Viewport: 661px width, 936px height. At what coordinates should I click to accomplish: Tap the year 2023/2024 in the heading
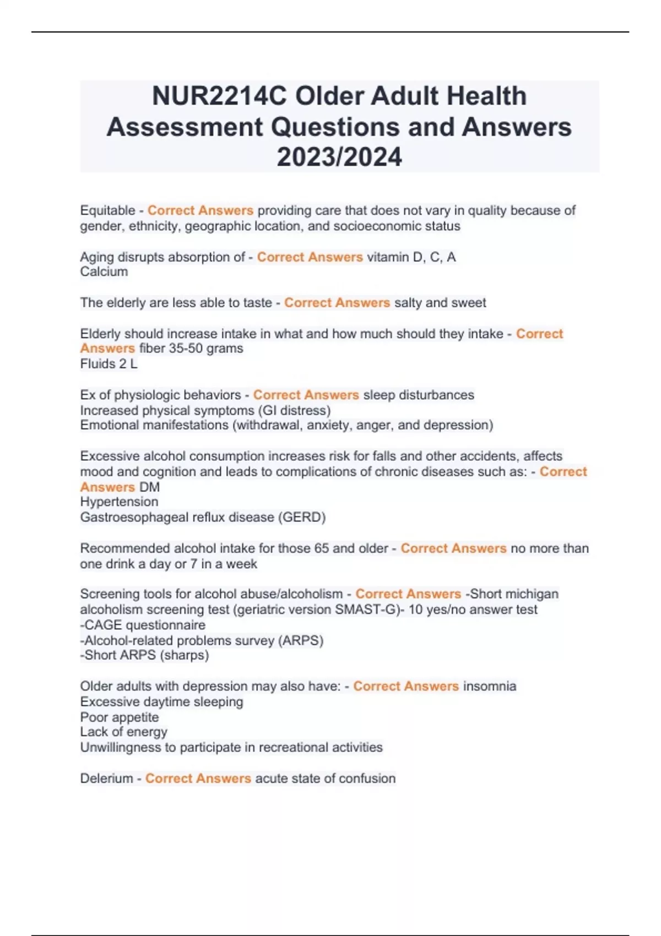pyautogui.click(x=339, y=157)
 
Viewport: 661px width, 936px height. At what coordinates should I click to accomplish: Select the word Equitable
pyautogui.click(x=107, y=210)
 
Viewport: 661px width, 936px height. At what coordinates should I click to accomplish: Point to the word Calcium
pyautogui.click(x=104, y=272)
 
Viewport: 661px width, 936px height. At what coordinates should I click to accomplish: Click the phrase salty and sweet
pyautogui.click(x=440, y=303)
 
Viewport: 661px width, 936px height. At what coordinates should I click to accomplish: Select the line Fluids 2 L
pyautogui.click(x=109, y=364)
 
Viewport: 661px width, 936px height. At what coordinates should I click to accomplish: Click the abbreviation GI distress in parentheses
pyautogui.click(x=305, y=411)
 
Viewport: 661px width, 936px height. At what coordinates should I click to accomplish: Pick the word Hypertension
pyautogui.click(x=119, y=502)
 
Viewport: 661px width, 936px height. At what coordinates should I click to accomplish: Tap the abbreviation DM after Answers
pyautogui.click(x=149, y=487)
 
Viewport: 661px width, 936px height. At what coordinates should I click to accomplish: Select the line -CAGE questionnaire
pyautogui.click(x=143, y=625)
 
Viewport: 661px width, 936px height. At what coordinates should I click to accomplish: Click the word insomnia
pyautogui.click(x=490, y=687)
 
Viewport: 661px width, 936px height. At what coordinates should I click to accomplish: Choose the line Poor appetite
pyautogui.click(x=120, y=717)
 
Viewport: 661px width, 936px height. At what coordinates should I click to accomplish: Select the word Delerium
pyautogui.click(x=106, y=779)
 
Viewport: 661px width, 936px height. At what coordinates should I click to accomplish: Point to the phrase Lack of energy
pyautogui.click(x=124, y=732)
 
